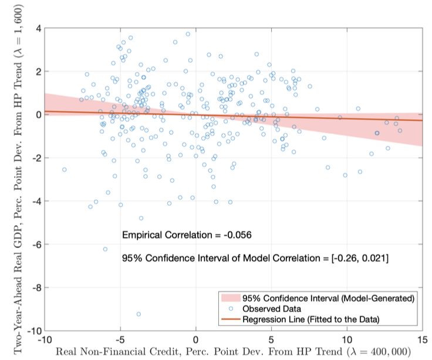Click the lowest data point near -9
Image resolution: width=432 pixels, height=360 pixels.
139,314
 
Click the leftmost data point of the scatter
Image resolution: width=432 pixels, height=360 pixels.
64,169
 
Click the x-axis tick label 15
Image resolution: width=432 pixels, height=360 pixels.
422,340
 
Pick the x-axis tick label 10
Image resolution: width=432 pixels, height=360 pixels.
347,340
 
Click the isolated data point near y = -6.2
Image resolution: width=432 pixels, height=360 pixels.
105,249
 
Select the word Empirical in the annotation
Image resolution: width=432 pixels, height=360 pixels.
141,235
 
